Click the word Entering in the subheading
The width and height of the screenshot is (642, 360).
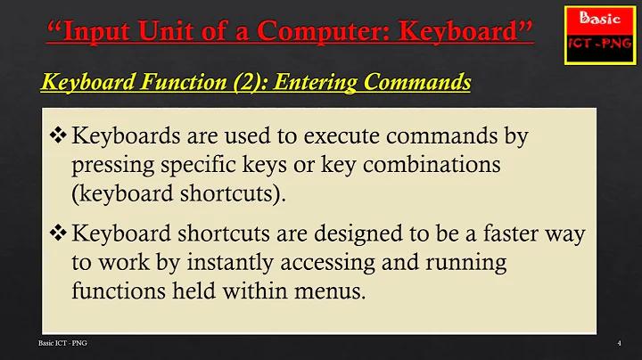[x=315, y=82]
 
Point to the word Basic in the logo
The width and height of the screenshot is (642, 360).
[x=600, y=18]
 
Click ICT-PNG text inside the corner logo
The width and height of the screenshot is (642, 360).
[x=600, y=44]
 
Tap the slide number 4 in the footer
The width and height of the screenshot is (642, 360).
[x=619, y=343]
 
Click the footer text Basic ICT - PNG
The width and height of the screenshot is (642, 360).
[x=62, y=343]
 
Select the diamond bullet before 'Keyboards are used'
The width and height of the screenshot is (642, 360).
[x=58, y=135]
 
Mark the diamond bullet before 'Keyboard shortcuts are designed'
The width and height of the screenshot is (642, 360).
[x=58, y=233]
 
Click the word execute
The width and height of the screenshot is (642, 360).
[x=341, y=135]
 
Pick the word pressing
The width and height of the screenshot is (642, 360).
[x=113, y=166]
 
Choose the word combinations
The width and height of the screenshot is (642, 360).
[x=432, y=164]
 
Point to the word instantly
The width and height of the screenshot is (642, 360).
[x=230, y=263]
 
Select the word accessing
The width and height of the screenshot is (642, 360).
[x=327, y=263]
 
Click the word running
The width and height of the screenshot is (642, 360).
[x=466, y=263]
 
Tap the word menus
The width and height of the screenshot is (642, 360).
[x=330, y=290]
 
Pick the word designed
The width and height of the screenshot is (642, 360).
[x=358, y=233]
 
